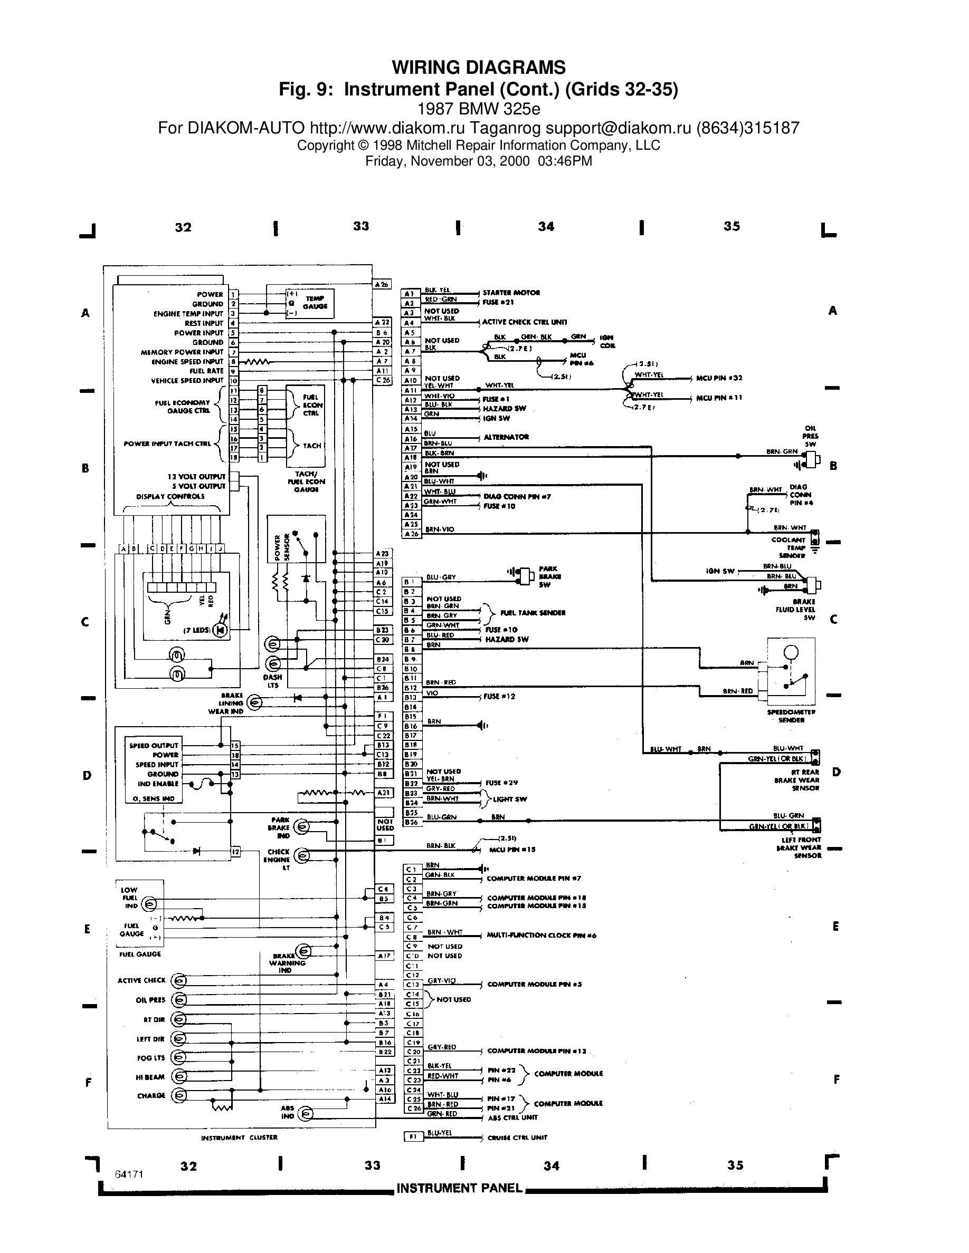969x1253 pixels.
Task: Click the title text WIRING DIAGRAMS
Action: coord(478,68)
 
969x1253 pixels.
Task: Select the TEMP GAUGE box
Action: coord(309,302)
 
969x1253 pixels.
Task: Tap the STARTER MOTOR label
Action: coord(511,293)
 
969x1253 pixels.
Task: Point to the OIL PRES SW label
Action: coord(810,436)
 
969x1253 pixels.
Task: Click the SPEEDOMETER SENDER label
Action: coord(791,716)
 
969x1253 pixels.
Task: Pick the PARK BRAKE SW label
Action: coord(549,576)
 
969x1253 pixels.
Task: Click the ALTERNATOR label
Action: coord(506,437)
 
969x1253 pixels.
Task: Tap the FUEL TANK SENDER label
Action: coord(533,613)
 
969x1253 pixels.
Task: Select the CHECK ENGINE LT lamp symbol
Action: coord(302,856)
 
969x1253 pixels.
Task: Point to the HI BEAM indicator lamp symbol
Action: coord(179,1076)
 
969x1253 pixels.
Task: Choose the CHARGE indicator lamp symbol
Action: coord(179,1095)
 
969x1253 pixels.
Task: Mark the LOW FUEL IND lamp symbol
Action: coord(148,904)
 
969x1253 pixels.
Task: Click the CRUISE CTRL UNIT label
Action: coord(517,1137)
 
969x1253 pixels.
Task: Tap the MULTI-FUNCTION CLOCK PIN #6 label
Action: coord(541,935)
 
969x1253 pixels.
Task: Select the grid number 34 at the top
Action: coord(546,227)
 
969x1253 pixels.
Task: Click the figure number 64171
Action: coord(129,1174)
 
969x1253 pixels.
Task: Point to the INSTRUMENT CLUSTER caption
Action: coord(240,1137)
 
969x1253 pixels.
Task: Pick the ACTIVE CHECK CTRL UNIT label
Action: coord(524,322)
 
